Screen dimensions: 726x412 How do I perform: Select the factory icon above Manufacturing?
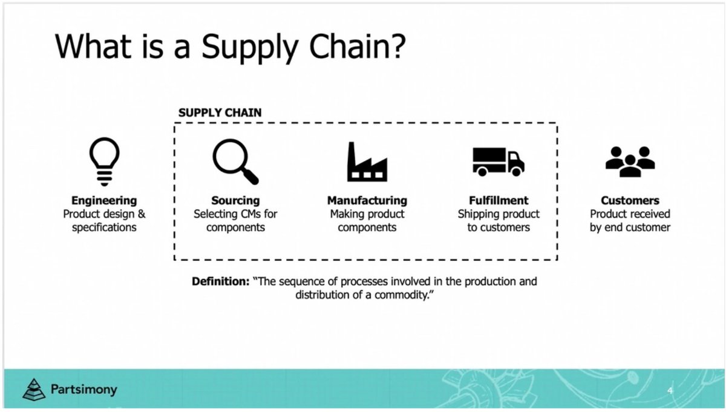click(x=367, y=162)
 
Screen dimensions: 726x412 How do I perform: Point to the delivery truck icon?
click(x=498, y=162)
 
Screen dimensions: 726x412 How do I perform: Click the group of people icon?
click(x=630, y=162)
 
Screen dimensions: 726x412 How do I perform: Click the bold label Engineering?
click(x=104, y=200)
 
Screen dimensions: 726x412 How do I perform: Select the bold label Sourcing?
click(x=235, y=200)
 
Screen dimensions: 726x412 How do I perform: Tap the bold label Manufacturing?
click(x=367, y=200)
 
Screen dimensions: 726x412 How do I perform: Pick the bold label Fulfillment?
click(x=499, y=200)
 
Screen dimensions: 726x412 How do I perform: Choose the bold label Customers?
click(x=630, y=200)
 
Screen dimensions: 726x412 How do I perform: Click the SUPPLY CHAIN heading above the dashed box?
click(x=220, y=113)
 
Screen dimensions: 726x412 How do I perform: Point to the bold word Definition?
click(x=220, y=281)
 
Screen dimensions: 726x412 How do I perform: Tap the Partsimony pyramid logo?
click(x=34, y=389)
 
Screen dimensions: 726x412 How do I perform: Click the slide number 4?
click(x=670, y=390)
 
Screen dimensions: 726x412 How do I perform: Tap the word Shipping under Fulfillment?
click(x=479, y=214)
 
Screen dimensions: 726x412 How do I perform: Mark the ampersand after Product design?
click(x=142, y=214)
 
